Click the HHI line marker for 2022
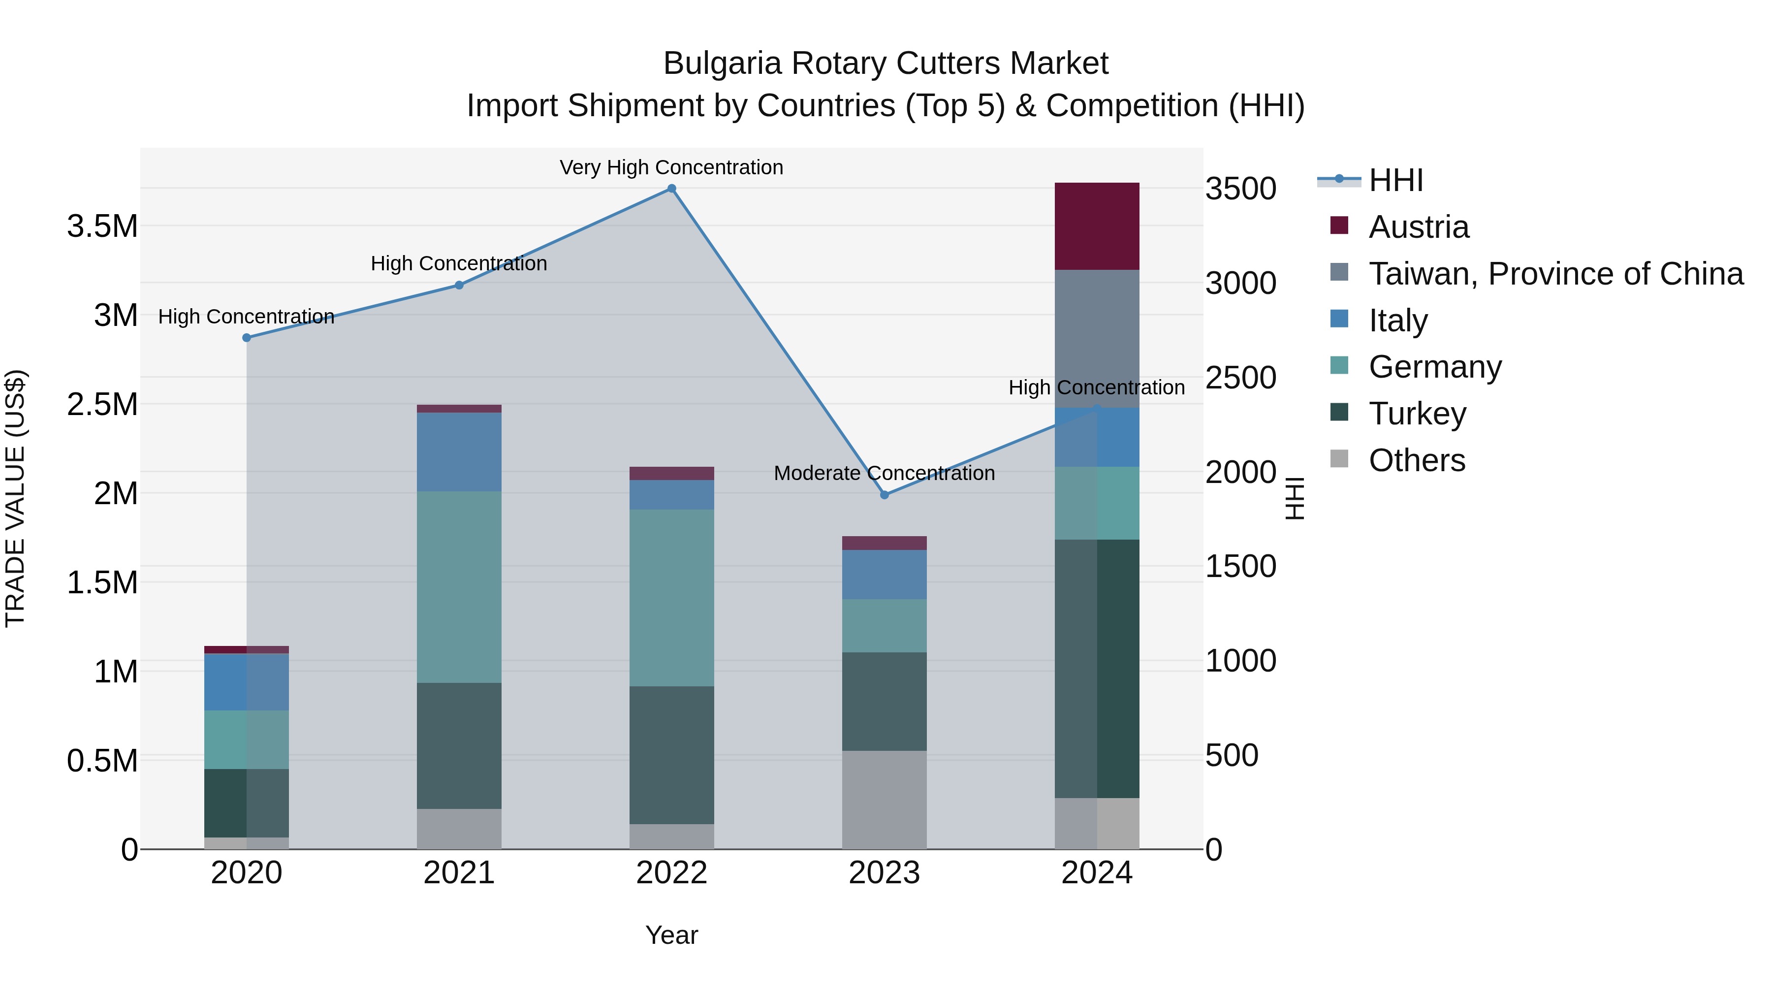(x=671, y=189)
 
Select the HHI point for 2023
(x=885, y=495)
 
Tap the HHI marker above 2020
(x=246, y=338)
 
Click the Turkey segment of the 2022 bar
(x=671, y=754)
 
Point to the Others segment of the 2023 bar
(x=884, y=799)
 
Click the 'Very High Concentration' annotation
(x=671, y=167)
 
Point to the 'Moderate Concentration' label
(x=884, y=473)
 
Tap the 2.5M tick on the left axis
(x=102, y=405)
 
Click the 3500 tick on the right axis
(x=1240, y=189)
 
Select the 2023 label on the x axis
(x=884, y=873)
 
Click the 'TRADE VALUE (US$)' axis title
(x=15, y=498)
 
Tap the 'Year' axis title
(x=671, y=935)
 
